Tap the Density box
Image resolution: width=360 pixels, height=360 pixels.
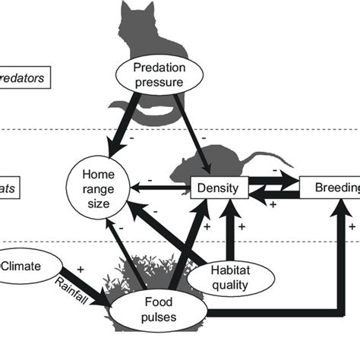(219, 188)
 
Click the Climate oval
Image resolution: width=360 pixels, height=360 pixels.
(23, 267)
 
